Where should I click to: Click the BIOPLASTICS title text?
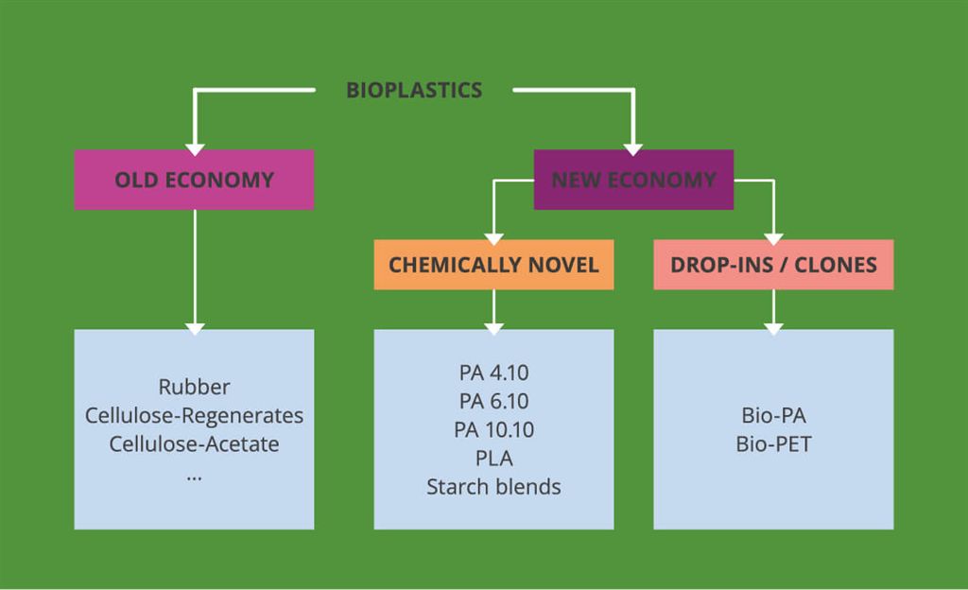(x=414, y=90)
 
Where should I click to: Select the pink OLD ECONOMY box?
(x=195, y=180)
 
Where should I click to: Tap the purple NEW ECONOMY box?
(x=633, y=180)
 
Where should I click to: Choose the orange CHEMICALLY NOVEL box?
(x=493, y=265)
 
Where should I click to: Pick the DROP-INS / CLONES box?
(x=773, y=265)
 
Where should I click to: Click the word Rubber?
(x=195, y=387)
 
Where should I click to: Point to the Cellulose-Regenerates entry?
(x=195, y=415)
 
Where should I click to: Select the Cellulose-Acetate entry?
(x=195, y=443)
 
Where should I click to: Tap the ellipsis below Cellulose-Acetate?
(x=195, y=477)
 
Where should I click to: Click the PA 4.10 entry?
(x=493, y=373)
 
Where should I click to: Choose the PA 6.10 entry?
(x=493, y=401)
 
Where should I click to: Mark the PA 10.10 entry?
(x=493, y=429)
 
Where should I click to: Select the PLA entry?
(x=493, y=459)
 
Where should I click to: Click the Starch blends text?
(x=493, y=487)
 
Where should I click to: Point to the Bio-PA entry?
(x=773, y=415)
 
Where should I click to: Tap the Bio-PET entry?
(x=773, y=443)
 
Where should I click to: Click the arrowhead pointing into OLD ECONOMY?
(x=195, y=150)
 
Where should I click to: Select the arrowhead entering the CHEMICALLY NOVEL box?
(x=493, y=240)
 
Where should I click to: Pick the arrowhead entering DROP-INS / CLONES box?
(x=773, y=240)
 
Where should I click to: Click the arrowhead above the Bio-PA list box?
(x=773, y=329)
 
